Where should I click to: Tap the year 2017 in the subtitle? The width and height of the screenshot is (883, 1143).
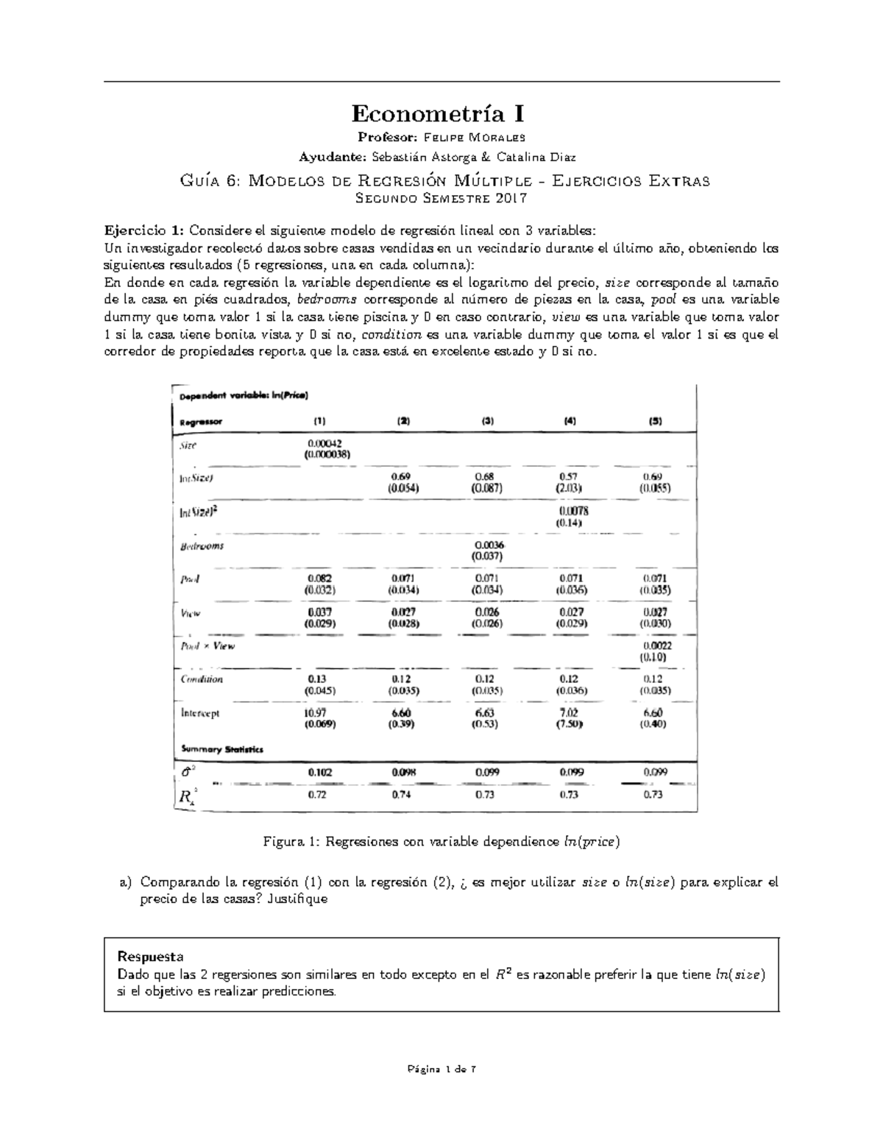pyautogui.click(x=510, y=198)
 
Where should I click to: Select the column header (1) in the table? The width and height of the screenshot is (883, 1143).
pyautogui.click(x=319, y=422)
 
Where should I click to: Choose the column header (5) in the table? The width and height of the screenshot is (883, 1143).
pyautogui.click(x=655, y=422)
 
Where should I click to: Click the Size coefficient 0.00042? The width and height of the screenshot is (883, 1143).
pyautogui.click(x=323, y=444)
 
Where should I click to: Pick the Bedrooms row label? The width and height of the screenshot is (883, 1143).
pyautogui.click(x=202, y=546)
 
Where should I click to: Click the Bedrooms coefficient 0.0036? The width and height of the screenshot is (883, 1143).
pyautogui.click(x=489, y=545)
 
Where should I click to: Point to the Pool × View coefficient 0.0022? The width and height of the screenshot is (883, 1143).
pyautogui.click(x=656, y=645)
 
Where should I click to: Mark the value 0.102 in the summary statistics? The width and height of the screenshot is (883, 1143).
pyautogui.click(x=320, y=772)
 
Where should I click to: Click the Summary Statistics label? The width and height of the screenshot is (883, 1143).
pyautogui.click(x=221, y=749)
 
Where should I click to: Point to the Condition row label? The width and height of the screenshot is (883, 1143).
pyautogui.click(x=202, y=679)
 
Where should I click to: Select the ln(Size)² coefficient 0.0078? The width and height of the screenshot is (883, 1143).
pyautogui.click(x=573, y=511)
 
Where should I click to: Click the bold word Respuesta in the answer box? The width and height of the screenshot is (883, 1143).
pyautogui.click(x=150, y=956)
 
